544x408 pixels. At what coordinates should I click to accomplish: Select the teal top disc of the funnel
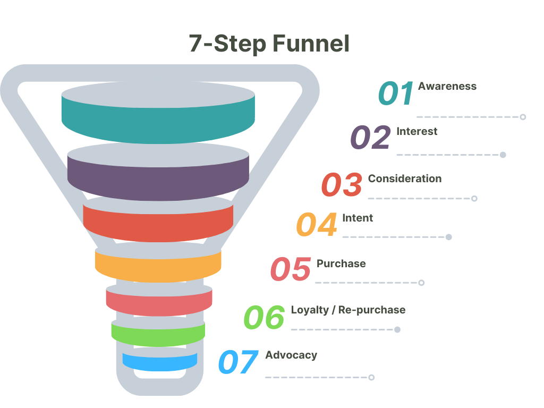click(x=158, y=120)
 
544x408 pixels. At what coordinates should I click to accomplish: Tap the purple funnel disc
click(x=158, y=178)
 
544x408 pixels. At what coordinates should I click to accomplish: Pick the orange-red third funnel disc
click(x=158, y=222)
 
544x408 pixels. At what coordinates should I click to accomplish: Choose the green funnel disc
click(x=158, y=333)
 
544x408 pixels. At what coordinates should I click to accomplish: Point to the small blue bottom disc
click(x=159, y=362)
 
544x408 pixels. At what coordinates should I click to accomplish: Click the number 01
click(x=396, y=93)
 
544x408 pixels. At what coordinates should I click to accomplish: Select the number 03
click(x=342, y=185)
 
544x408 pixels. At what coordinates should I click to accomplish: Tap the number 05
click(x=291, y=269)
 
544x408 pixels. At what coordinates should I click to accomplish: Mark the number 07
click(x=239, y=363)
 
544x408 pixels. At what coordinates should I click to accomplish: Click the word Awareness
click(x=447, y=86)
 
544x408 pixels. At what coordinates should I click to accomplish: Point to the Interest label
click(x=417, y=131)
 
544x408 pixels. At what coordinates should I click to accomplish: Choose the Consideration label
click(x=405, y=178)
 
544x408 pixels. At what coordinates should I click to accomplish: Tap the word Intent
click(x=358, y=218)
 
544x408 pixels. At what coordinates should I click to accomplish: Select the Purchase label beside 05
click(x=341, y=263)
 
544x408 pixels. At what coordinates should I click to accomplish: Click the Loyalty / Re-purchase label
click(x=348, y=310)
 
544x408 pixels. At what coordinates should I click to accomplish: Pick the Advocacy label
click(x=291, y=355)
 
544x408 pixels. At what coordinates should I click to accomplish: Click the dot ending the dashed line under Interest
click(x=503, y=155)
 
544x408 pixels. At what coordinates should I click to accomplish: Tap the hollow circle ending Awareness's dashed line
click(x=523, y=117)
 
